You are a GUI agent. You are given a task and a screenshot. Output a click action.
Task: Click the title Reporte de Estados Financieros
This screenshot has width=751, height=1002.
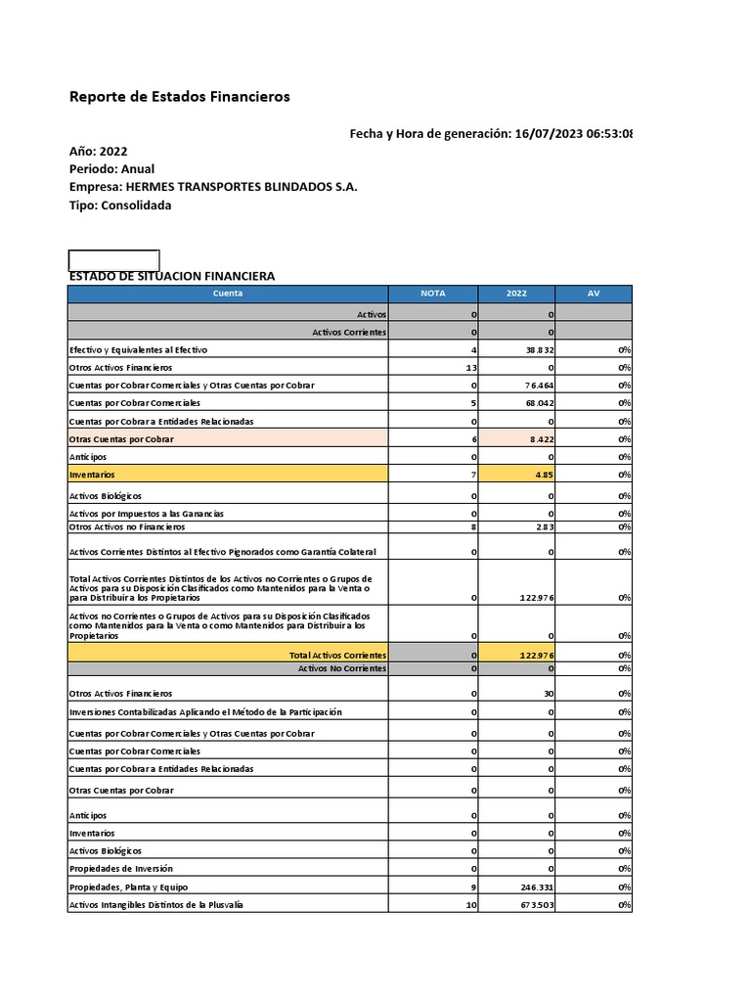(179, 97)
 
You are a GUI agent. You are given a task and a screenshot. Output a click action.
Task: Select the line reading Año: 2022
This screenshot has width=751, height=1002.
(98, 151)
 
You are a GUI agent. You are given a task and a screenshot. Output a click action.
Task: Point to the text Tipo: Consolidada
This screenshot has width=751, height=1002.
(120, 205)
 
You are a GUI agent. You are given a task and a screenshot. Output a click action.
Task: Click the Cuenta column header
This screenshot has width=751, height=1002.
(228, 293)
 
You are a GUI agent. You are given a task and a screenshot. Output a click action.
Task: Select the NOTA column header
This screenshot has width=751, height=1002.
(432, 293)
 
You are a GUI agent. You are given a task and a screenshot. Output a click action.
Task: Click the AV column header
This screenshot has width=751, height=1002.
(594, 293)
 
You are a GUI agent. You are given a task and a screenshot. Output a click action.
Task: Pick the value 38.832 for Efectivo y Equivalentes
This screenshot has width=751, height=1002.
(539, 349)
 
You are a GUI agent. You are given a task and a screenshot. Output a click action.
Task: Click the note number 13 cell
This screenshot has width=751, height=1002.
(469, 367)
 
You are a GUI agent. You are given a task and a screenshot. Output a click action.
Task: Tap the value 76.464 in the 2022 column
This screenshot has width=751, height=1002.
(539, 385)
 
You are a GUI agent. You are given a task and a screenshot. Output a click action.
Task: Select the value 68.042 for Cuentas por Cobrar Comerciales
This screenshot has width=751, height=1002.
(539, 402)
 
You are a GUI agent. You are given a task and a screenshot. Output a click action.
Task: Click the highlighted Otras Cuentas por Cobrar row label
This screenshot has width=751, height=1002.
(121, 439)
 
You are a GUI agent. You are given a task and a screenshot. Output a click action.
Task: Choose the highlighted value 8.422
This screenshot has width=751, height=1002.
(541, 439)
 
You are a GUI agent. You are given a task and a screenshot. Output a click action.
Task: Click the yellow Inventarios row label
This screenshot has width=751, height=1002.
(92, 474)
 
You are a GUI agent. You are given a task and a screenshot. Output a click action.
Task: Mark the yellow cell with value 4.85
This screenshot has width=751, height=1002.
(544, 474)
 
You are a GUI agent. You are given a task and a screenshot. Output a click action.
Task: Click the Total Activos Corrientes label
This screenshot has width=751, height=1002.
(338, 655)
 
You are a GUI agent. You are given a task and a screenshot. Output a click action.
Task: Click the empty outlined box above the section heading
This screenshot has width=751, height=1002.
(113, 259)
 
